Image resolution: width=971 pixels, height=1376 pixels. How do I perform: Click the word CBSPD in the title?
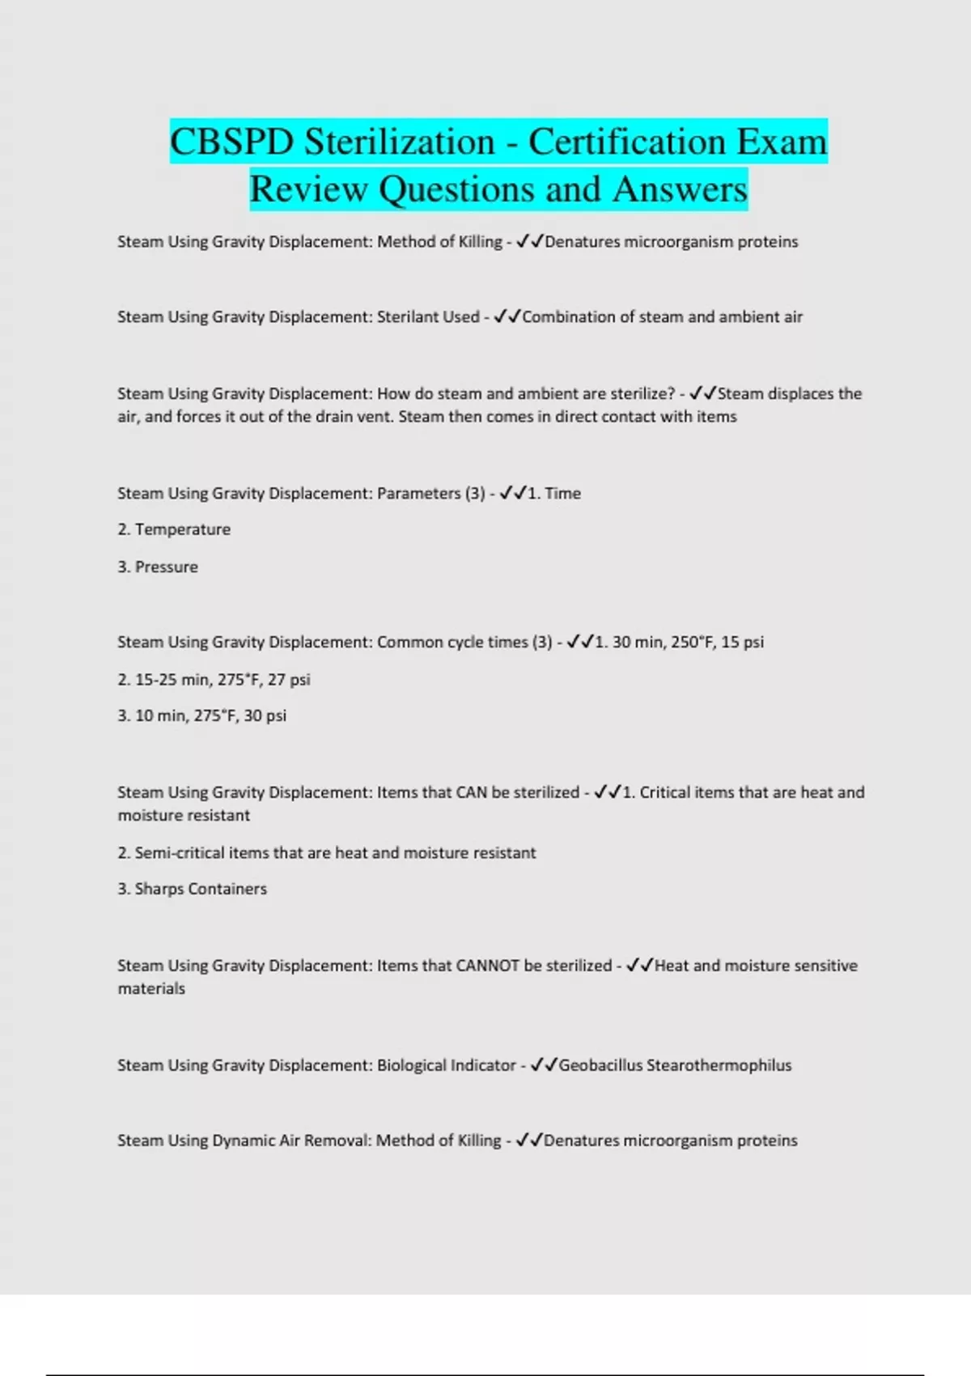pyautogui.click(x=232, y=142)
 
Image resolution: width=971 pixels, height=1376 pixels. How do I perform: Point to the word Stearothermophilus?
pyautogui.click(x=719, y=1065)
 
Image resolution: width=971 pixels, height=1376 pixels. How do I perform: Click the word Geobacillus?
pyautogui.click(x=600, y=1065)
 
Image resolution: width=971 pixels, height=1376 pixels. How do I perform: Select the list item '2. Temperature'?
pyautogui.click(x=174, y=529)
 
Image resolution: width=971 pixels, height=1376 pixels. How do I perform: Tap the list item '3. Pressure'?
pyautogui.click(x=158, y=567)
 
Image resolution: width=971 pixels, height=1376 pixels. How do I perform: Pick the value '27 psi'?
pyautogui.click(x=289, y=679)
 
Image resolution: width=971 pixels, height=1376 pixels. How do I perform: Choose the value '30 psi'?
pyautogui.click(x=265, y=716)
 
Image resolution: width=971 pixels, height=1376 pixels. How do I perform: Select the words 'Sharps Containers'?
pyautogui.click(x=201, y=889)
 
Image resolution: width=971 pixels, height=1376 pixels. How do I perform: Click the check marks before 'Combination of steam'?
pyautogui.click(x=507, y=316)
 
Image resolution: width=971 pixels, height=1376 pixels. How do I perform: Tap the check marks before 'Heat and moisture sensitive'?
pyautogui.click(x=639, y=966)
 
